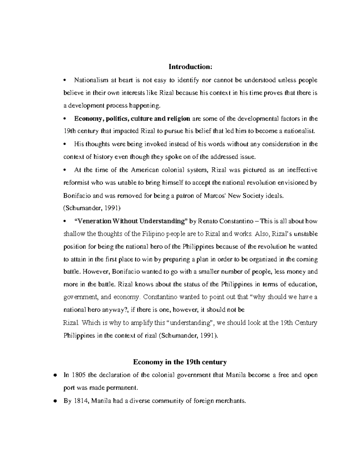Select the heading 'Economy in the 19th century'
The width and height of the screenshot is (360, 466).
(180, 362)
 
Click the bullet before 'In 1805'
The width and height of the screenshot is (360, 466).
(55, 375)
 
